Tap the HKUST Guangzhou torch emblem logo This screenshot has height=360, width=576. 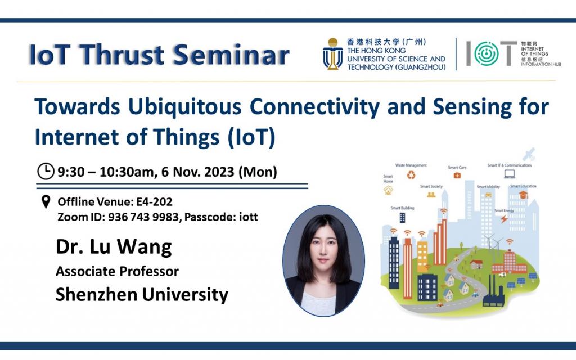tap(332, 54)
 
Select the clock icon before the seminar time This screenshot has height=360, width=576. tap(46, 171)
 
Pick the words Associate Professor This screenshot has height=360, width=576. tap(117, 271)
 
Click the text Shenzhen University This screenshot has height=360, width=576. tap(142, 294)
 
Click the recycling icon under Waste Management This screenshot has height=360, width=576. tap(411, 175)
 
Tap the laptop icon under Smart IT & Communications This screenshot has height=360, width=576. tap(510, 174)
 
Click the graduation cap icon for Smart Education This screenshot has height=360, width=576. tap(523, 195)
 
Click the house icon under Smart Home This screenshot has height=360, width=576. tap(388, 190)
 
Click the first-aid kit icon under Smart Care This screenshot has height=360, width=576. tap(457, 175)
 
